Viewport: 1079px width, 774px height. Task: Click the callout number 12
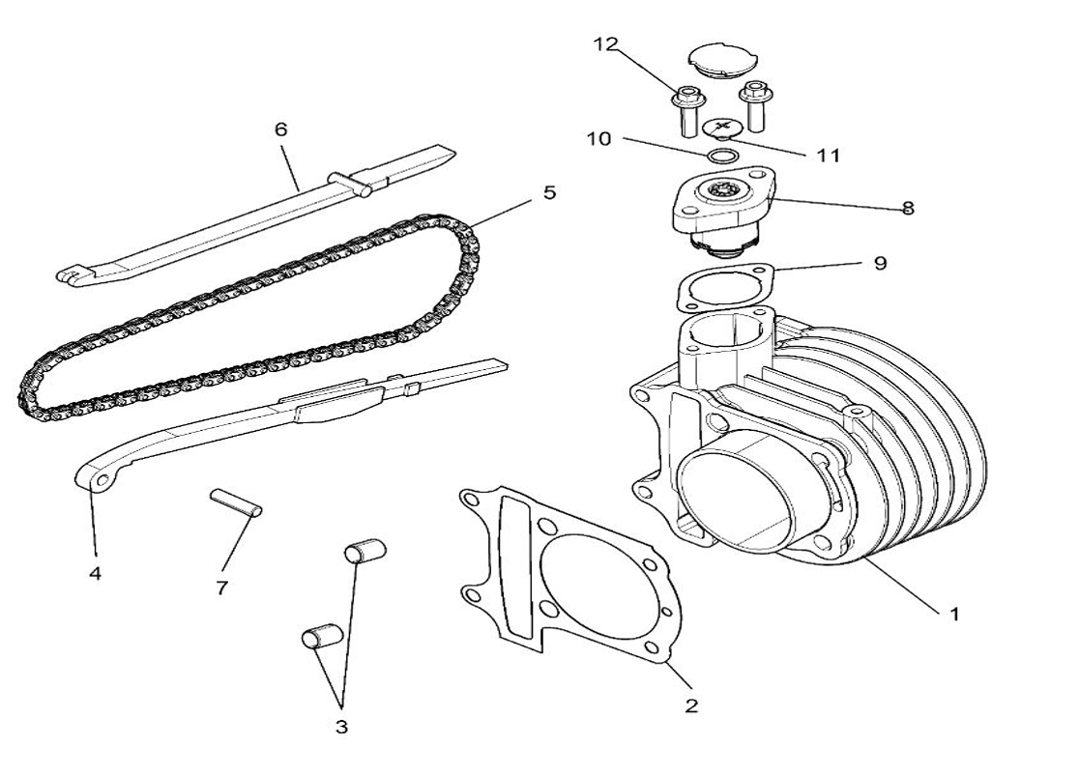(x=605, y=44)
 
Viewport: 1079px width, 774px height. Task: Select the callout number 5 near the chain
(x=549, y=192)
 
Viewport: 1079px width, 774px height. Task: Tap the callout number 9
(x=879, y=263)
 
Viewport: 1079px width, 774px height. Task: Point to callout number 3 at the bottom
(x=341, y=728)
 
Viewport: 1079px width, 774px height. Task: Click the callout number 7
(x=221, y=588)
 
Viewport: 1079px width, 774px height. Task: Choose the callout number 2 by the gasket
(x=690, y=705)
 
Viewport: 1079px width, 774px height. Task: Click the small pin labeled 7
(x=236, y=503)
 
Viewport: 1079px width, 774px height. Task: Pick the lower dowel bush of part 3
(x=320, y=638)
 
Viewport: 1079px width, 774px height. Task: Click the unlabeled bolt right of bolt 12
(x=753, y=104)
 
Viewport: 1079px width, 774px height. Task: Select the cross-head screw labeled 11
(x=721, y=128)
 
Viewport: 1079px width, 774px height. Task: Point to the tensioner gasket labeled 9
(x=725, y=285)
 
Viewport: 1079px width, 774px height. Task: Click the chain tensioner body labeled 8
(x=720, y=208)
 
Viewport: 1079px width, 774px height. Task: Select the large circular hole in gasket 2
(x=591, y=584)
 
